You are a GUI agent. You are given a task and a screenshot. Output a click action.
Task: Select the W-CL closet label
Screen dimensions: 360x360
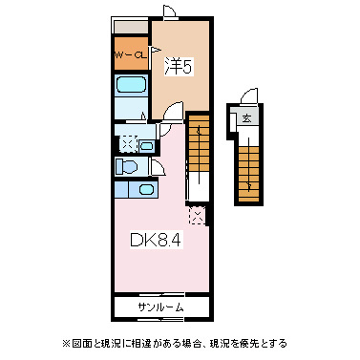(130, 56)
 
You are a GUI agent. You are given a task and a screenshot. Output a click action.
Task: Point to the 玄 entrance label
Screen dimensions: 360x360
(246, 118)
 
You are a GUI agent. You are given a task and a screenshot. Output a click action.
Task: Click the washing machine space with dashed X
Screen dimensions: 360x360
(127, 144)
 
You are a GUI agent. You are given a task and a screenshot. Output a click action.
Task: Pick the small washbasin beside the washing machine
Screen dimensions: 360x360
(147, 145)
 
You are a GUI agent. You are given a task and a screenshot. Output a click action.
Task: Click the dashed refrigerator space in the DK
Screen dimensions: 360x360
(197, 214)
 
